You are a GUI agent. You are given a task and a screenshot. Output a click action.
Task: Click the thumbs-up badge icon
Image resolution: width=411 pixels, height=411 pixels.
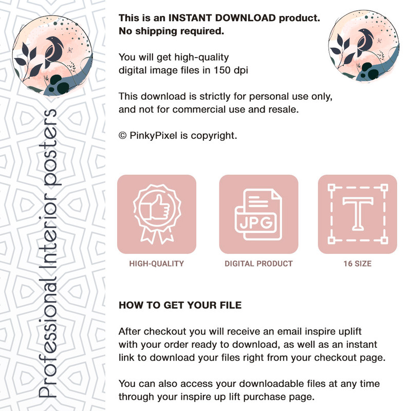coord(157,214)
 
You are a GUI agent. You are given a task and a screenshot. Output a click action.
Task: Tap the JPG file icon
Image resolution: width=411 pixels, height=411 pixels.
coord(258,214)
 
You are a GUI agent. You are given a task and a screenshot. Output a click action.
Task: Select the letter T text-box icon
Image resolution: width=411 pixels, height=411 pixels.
coord(358,214)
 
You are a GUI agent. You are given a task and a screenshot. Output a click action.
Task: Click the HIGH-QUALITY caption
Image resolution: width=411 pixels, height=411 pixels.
coord(157,264)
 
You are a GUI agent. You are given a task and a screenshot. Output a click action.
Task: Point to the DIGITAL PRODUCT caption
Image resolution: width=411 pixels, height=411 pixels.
coord(258,264)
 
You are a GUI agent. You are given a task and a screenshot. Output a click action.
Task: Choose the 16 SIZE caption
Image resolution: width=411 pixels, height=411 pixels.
coord(358,264)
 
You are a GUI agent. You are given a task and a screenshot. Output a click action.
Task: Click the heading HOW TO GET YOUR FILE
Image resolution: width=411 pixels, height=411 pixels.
coord(180,305)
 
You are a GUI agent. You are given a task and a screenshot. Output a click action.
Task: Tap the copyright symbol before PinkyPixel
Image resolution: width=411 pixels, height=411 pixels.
coord(122,136)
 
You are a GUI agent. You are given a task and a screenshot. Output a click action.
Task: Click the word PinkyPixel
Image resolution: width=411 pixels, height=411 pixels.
coord(153,136)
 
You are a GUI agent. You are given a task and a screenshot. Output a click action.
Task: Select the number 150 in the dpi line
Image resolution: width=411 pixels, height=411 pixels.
coord(222,70)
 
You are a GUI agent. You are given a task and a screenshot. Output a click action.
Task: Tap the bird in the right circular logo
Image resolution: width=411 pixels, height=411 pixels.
coord(366,42)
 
